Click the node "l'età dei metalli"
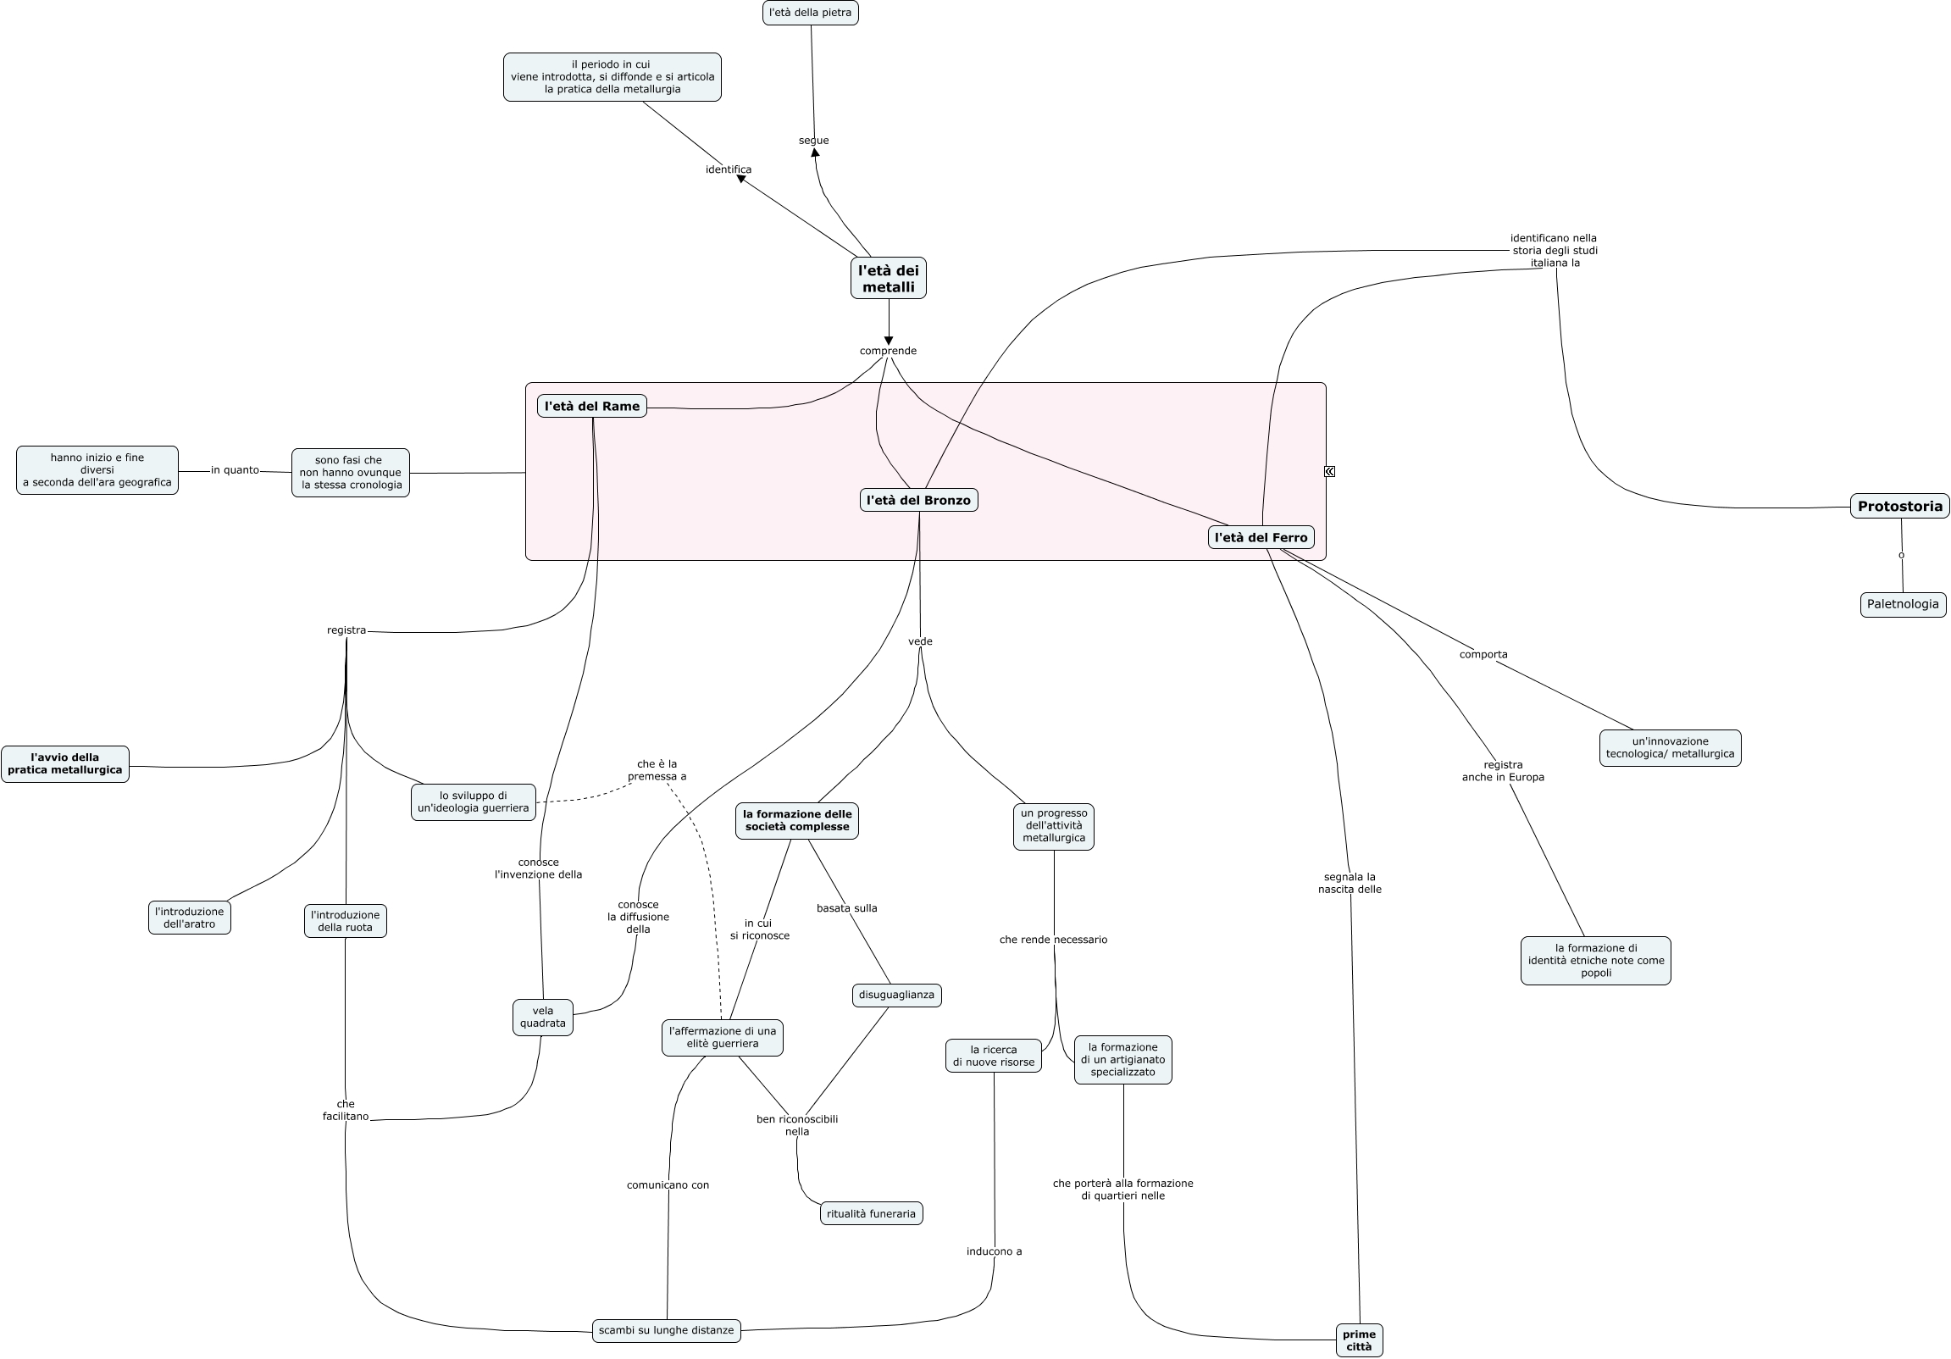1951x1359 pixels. click(x=888, y=278)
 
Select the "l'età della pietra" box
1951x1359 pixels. click(x=810, y=13)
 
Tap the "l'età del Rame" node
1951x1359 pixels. click(x=592, y=406)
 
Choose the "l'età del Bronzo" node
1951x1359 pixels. click(x=918, y=500)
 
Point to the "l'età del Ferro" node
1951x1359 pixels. click(x=1261, y=537)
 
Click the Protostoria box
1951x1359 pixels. click(x=1900, y=507)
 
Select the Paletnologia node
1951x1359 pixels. click(x=1903, y=604)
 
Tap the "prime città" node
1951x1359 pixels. click(x=1359, y=1340)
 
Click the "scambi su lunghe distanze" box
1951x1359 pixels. click(x=666, y=1330)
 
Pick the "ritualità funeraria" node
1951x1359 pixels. click(x=871, y=1212)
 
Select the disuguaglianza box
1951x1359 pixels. click(x=896, y=995)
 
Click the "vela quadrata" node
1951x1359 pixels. click(x=543, y=1018)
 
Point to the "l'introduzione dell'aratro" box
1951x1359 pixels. click(x=190, y=918)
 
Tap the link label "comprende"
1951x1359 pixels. click(x=888, y=350)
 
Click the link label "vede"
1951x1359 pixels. click(x=920, y=641)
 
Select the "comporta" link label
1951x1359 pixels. click(x=1483, y=653)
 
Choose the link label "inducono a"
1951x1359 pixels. click(x=995, y=1251)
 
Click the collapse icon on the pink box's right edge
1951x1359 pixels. click(x=1329, y=471)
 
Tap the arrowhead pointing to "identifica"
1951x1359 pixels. click(x=741, y=179)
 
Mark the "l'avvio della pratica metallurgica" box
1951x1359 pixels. click(x=65, y=764)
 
